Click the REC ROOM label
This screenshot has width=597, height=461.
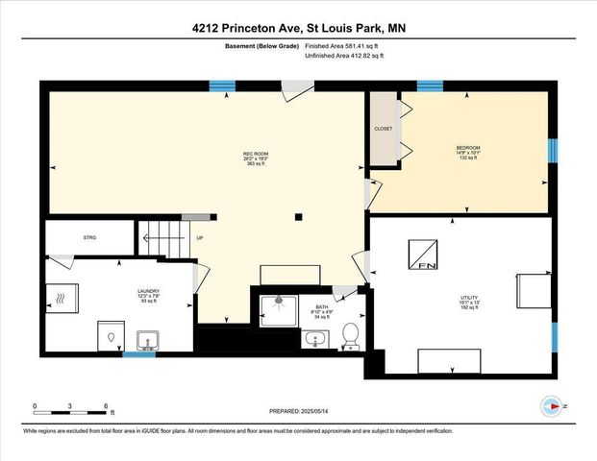(255, 158)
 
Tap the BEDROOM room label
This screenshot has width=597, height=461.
(468, 152)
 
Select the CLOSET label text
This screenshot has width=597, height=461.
(383, 128)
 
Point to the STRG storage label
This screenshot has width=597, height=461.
(90, 237)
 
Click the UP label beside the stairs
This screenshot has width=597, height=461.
(199, 238)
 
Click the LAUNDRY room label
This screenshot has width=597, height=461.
(148, 296)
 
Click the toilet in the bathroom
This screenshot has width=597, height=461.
(351, 335)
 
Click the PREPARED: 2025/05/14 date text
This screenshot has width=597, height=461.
(298, 411)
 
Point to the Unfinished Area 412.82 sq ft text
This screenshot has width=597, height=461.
(344, 57)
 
